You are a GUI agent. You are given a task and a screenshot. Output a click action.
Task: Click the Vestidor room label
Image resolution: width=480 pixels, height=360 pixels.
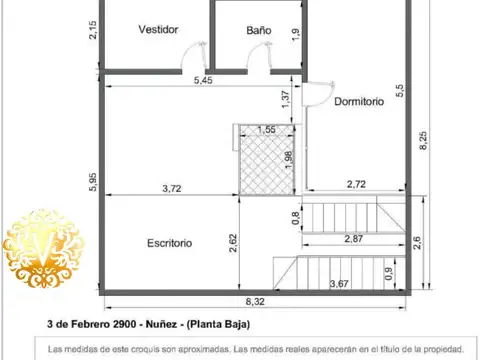158,30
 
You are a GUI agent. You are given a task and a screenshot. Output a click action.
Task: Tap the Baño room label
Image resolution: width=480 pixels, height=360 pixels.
259,30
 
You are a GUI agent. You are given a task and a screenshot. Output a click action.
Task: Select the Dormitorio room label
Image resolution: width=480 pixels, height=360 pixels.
359,101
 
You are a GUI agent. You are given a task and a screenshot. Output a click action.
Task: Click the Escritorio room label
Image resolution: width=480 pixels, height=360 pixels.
169,243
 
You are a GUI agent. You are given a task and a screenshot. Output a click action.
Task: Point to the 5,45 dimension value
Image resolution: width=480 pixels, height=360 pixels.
203,80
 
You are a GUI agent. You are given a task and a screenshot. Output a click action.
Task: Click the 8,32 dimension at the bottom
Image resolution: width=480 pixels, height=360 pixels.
255,301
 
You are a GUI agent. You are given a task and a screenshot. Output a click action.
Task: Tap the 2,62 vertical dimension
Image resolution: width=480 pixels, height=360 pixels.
233,243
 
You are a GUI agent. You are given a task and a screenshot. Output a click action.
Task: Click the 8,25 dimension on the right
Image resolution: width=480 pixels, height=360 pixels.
423,140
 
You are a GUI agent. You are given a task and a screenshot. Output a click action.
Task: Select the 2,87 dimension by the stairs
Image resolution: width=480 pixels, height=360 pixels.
353,238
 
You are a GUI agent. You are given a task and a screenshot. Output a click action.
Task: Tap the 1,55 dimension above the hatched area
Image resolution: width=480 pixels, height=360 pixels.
267,130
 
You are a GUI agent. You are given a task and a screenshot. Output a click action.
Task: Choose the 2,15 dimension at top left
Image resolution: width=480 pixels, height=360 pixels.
92,30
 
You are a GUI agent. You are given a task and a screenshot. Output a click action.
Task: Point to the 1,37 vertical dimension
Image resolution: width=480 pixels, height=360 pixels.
286,98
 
